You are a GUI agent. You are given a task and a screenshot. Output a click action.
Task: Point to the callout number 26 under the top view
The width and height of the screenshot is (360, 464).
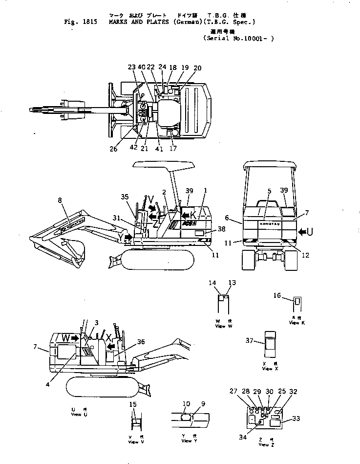(113, 150)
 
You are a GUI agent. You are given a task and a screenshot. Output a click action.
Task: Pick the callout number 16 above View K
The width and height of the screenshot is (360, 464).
(277, 295)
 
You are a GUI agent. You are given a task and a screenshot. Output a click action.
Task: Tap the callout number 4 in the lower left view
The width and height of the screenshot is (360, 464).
(48, 384)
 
